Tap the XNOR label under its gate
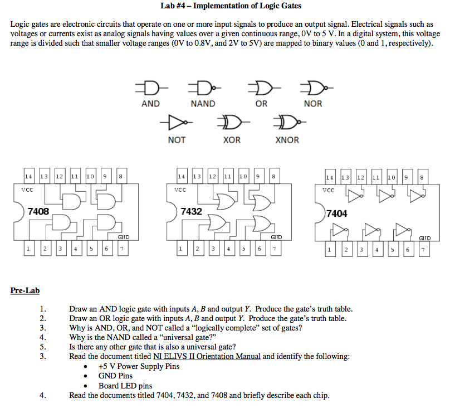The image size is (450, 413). pyautogui.click(x=287, y=140)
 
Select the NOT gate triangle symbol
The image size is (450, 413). pyautogui.click(x=175, y=122)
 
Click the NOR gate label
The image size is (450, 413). pyautogui.click(x=313, y=104)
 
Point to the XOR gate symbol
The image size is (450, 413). pyautogui.click(x=232, y=122)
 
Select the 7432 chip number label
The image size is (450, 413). pyautogui.click(x=191, y=212)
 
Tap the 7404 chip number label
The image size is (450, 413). pyautogui.click(x=337, y=213)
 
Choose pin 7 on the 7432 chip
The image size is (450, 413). pyautogui.click(x=273, y=249)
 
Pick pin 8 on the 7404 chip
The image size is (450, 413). pyautogui.click(x=422, y=178)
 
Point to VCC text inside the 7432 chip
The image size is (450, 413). pyautogui.click(x=179, y=190)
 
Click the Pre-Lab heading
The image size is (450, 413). pyautogui.click(x=25, y=290)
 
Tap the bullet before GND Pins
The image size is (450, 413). pyautogui.click(x=85, y=376)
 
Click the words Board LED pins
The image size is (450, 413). pyautogui.click(x=125, y=386)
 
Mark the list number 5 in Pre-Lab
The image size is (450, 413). pyautogui.click(x=42, y=346)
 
